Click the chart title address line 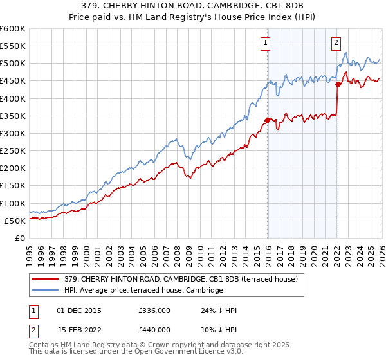pyautogui.click(x=193, y=6)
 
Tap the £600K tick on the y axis pyautogui.click(x=13, y=29)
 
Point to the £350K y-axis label pyautogui.click(x=13, y=116)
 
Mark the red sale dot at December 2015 pyautogui.click(x=266, y=120)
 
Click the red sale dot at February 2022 pyautogui.click(x=338, y=84)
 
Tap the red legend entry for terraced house pyautogui.click(x=181, y=280)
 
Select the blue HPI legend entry pyautogui.click(x=143, y=291)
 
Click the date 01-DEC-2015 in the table pyautogui.click(x=79, y=310)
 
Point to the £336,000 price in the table pyautogui.click(x=154, y=310)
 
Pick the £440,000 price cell pyautogui.click(x=154, y=329)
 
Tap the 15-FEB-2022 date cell pyautogui.click(x=79, y=329)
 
